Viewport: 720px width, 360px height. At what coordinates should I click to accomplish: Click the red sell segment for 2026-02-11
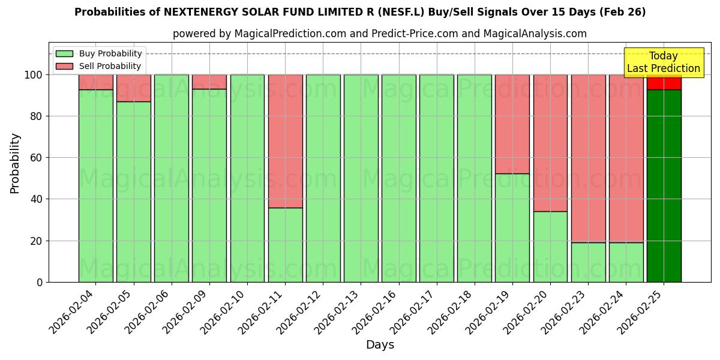coord(285,141)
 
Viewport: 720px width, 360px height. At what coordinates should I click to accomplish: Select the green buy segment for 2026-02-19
coord(512,228)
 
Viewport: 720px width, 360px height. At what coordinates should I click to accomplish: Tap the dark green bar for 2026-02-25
coord(664,186)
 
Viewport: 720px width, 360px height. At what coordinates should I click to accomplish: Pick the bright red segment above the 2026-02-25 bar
coord(664,82)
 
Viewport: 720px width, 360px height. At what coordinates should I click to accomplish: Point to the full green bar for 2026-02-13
coord(361,178)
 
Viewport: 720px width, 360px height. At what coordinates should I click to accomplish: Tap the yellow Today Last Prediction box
coord(664,62)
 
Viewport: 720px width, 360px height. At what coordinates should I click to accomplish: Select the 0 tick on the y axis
coord(40,282)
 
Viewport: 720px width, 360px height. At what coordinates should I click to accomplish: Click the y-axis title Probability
coord(15,163)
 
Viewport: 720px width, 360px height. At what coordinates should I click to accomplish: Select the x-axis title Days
coord(380,345)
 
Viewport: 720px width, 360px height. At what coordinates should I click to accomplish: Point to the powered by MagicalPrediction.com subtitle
coord(379,34)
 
